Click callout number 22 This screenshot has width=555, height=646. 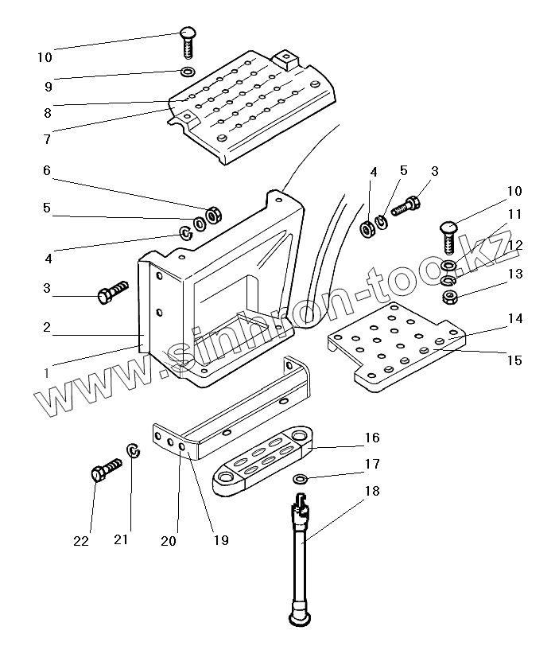[x=81, y=541]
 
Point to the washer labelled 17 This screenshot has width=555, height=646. [x=300, y=478]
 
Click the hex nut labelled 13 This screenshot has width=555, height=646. [x=449, y=298]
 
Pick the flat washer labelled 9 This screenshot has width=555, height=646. [x=188, y=72]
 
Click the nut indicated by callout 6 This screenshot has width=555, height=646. [x=213, y=215]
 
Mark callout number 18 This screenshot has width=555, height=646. [x=371, y=492]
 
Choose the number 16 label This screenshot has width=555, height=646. [x=371, y=438]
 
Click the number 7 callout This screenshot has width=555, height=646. [x=47, y=138]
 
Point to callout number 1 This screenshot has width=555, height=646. [x=47, y=372]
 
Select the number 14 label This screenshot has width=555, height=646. [x=514, y=318]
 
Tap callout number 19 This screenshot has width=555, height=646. [x=220, y=540]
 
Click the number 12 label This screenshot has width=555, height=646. [x=514, y=244]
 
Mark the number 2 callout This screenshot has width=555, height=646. [x=47, y=326]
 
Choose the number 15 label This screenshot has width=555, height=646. [x=514, y=360]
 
